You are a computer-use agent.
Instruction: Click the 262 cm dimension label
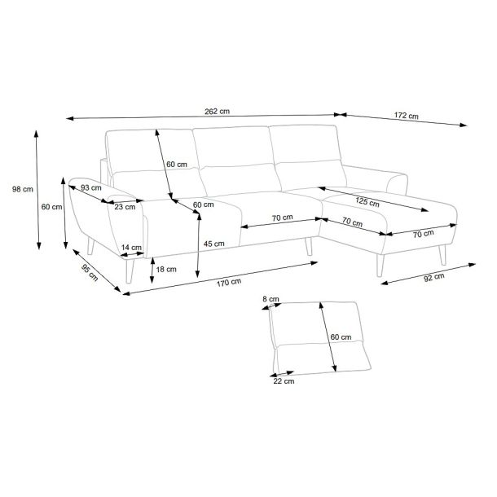tap(217, 112)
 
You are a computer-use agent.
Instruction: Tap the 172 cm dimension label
tap(406, 116)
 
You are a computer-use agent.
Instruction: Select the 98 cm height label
tap(23, 189)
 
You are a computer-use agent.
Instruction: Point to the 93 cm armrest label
tap(91, 187)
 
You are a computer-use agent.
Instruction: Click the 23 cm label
tap(125, 207)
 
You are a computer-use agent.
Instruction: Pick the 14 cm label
tap(131, 247)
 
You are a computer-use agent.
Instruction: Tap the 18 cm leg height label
tap(166, 270)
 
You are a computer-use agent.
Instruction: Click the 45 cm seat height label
tap(214, 244)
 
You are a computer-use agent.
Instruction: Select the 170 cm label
tap(229, 282)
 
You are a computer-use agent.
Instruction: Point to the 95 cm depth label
tap(90, 272)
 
